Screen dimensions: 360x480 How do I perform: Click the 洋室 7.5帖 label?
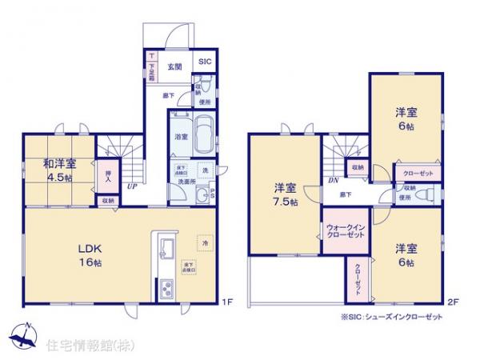click(286, 195)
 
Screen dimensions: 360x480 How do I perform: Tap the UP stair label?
click(130, 187)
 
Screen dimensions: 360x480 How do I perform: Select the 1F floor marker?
click(226, 302)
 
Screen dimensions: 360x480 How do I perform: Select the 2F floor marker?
click(453, 302)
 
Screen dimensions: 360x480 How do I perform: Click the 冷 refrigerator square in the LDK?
click(204, 242)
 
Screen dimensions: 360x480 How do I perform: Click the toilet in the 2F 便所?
click(426, 193)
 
